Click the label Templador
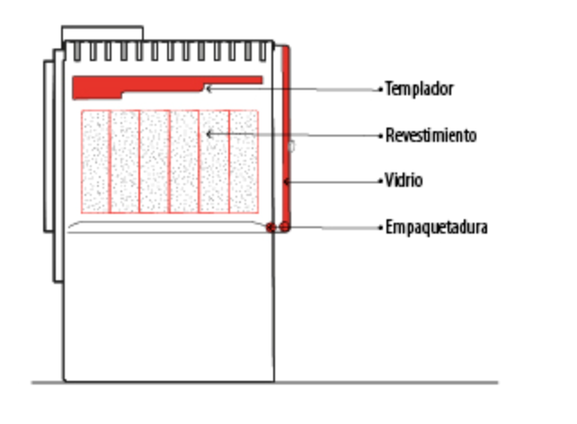pyautogui.click(x=419, y=89)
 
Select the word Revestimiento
pyautogui.click(x=431, y=136)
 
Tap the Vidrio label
pyautogui.click(x=404, y=181)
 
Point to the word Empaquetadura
pyautogui.click(x=437, y=227)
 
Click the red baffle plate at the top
pyautogui.click(x=147, y=84)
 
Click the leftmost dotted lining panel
pyautogui.click(x=95, y=162)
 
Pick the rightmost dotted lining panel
pyautogui.click(x=244, y=162)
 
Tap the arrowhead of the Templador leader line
pyautogui.click(x=209, y=89)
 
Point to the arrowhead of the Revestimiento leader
pyautogui.click(x=209, y=134)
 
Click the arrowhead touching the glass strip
pyautogui.click(x=287, y=181)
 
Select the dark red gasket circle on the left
pyautogui.click(x=271, y=227)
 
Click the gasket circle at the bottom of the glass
pyautogui.click(x=284, y=227)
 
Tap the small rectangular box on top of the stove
pyautogui.click(x=102, y=33)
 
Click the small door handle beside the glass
pyautogui.click(x=291, y=146)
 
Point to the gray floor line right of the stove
pyautogui.click(x=386, y=383)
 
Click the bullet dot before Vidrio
pyautogui.click(x=380, y=181)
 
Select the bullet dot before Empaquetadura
pyautogui.click(x=380, y=228)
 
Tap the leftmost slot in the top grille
pyautogui.click(x=77, y=51)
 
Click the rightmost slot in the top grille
pyautogui.click(x=262, y=51)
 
